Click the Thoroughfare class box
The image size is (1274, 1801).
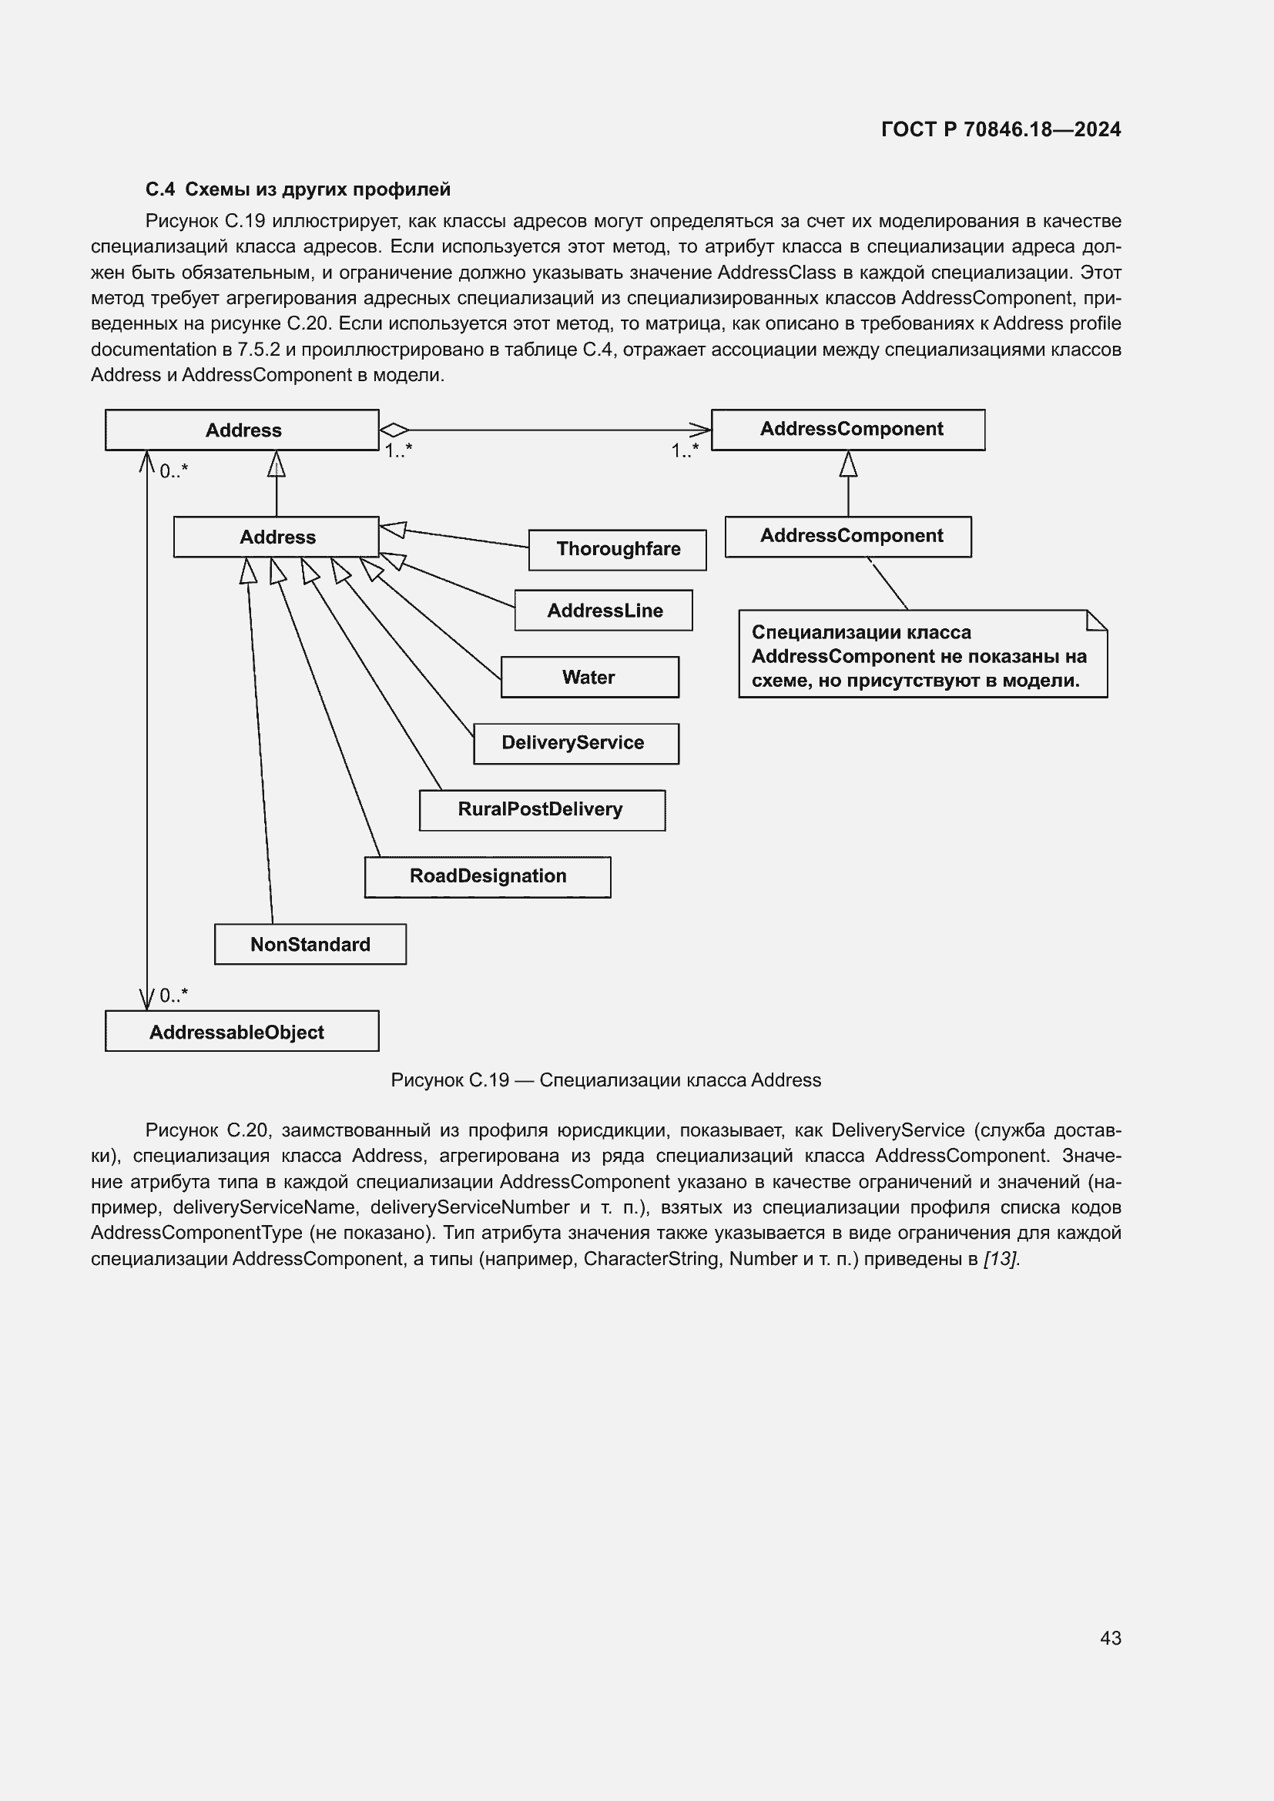pyautogui.click(x=618, y=550)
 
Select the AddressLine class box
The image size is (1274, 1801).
pyautogui.click(x=603, y=611)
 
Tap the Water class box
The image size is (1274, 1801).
pyautogui.click(x=589, y=677)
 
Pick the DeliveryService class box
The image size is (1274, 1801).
pyautogui.click(x=576, y=743)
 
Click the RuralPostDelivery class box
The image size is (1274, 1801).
pyautogui.click(x=542, y=809)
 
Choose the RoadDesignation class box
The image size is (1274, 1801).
pyautogui.click(x=487, y=876)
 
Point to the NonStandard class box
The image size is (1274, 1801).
pyautogui.click(x=310, y=944)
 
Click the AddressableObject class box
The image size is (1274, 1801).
pyautogui.click(x=242, y=1032)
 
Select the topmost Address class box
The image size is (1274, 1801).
pyautogui.click(x=242, y=430)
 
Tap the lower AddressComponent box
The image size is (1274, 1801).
pyautogui.click(x=848, y=537)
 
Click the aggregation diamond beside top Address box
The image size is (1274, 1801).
pyautogui.click(x=394, y=430)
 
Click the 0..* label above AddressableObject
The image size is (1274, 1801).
pyautogui.click(x=173, y=996)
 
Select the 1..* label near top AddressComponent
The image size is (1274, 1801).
pyautogui.click(x=684, y=451)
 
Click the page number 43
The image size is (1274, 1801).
pyautogui.click(x=1110, y=1638)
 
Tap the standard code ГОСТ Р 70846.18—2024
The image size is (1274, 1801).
pyautogui.click(x=1001, y=129)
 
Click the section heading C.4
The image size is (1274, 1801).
pyautogui.click(x=298, y=189)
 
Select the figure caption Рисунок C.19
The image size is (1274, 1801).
pyautogui.click(x=605, y=1080)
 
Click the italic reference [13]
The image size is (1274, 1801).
pyautogui.click(x=1001, y=1259)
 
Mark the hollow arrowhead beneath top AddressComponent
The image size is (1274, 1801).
pyautogui.click(x=848, y=464)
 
